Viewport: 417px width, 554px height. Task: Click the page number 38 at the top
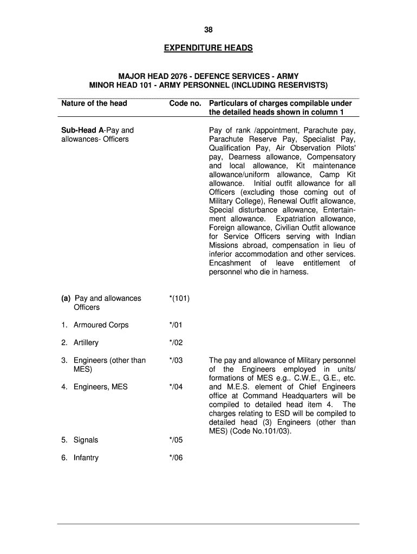coord(208,30)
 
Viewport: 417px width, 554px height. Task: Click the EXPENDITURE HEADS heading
coord(208,49)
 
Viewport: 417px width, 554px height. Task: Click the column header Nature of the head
coord(94,103)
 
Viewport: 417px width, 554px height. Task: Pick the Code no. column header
coord(185,103)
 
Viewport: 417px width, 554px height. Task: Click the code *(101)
coord(179,299)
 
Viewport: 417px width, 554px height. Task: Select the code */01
coord(176,325)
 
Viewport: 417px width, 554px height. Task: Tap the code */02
coord(176,343)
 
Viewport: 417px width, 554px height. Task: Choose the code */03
coord(176,360)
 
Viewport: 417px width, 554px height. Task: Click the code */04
coord(176,387)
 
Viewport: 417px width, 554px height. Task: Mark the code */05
coord(176,440)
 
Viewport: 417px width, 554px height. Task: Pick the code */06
coord(176,458)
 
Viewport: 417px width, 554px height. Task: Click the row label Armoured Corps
coord(101,325)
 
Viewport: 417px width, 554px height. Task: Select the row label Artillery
coord(86,343)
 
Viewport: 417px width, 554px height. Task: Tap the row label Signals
coord(86,440)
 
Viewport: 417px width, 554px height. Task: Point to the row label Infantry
coord(86,458)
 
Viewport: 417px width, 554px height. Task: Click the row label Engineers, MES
coord(101,387)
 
